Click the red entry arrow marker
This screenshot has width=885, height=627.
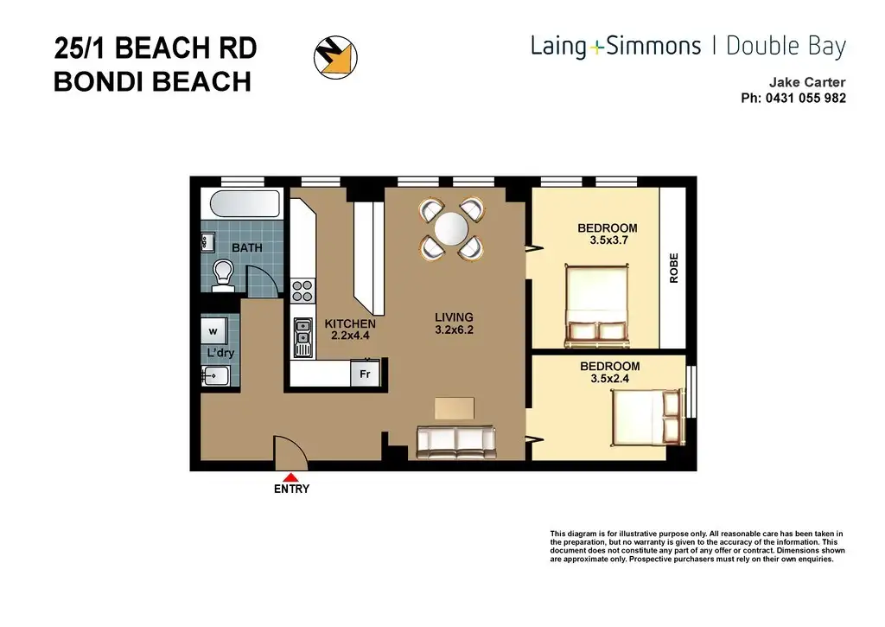[290, 477]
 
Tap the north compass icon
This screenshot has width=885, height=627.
[336, 57]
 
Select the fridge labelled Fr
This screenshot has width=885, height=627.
[366, 374]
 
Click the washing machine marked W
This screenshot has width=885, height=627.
[213, 331]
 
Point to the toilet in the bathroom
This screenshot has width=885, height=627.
[224, 276]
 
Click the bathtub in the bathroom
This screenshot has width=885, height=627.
[245, 204]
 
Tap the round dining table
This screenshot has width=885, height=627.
[451, 229]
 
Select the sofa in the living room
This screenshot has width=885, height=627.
[456, 442]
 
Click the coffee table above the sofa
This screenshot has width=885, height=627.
[455, 408]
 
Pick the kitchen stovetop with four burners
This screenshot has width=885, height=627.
[302, 291]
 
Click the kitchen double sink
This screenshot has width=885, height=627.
[303, 338]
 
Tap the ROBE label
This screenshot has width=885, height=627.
[674, 268]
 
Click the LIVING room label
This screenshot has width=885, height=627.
[454, 317]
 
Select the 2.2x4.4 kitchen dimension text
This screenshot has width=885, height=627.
[350, 336]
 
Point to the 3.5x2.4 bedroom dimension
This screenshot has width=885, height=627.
[609, 379]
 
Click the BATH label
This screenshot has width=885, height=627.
[246, 247]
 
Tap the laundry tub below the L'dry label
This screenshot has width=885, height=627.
[215, 375]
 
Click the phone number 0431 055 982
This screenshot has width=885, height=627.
[805, 98]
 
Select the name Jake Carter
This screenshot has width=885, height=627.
[807, 82]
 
